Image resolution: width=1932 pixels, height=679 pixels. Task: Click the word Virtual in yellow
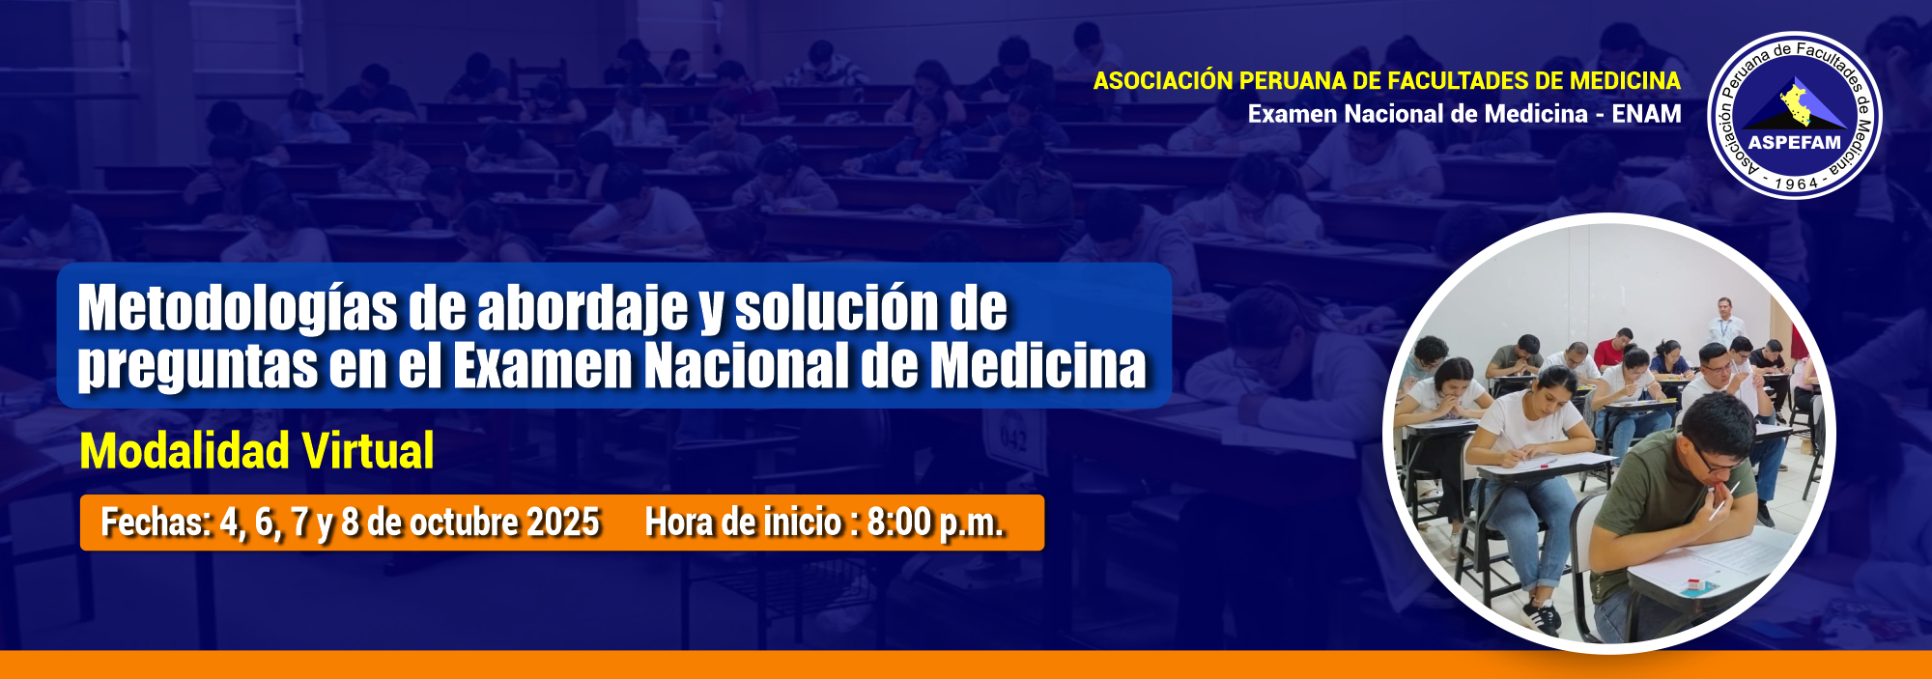point(367,451)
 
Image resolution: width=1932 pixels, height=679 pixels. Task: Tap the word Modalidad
point(185,451)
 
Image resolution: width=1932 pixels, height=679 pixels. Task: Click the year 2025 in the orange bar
point(564,523)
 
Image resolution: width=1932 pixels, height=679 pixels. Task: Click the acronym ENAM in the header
point(1646,114)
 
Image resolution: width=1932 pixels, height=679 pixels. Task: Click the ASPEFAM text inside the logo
point(1795,143)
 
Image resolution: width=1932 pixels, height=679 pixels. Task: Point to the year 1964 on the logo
point(1796,184)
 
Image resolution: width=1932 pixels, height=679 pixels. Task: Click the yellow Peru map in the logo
point(1797,104)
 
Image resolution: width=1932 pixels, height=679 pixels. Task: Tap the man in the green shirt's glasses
point(1717,463)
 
